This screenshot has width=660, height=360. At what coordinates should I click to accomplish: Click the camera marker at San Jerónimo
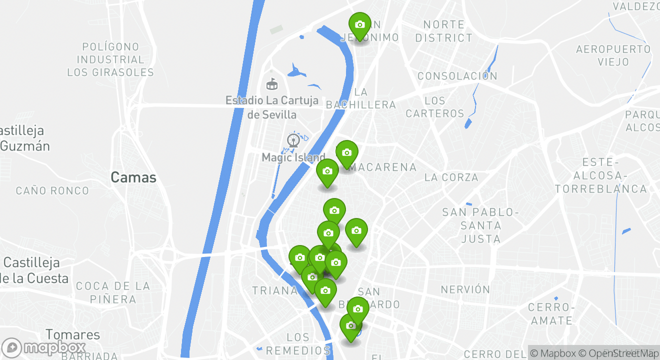(x=359, y=24)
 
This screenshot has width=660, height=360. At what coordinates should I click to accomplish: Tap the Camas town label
(x=133, y=177)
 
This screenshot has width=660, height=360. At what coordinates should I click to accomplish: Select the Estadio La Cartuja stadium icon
(x=272, y=83)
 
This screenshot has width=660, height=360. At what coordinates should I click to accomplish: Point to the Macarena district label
(x=383, y=167)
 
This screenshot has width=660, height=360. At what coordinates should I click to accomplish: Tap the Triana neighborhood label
(x=274, y=290)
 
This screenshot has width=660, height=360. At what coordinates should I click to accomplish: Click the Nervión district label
(x=465, y=289)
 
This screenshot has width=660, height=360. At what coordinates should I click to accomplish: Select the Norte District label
(x=443, y=31)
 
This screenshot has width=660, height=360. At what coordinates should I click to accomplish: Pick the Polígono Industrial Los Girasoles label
(x=110, y=59)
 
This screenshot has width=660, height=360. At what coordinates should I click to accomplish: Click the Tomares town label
(x=73, y=334)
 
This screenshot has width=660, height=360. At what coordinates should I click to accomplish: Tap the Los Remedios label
(x=298, y=344)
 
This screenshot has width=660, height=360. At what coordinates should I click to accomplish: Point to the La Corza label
(x=451, y=177)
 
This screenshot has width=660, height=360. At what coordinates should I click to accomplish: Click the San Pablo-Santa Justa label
(x=480, y=225)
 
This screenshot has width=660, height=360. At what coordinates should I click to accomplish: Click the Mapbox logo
(x=44, y=347)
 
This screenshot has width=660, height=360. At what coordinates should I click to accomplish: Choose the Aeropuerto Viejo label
(x=613, y=55)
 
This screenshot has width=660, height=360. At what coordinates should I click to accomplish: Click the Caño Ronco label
(x=52, y=190)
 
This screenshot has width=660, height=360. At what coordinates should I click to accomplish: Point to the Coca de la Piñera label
(x=113, y=292)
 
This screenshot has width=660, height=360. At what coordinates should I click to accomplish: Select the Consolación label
(x=457, y=76)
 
